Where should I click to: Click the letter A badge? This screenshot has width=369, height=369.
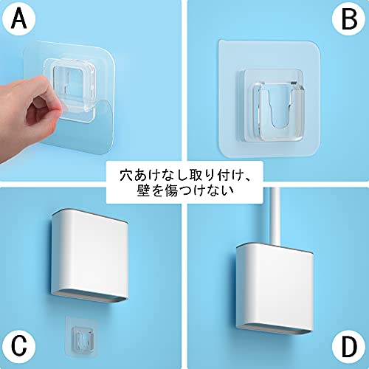pyautogui.click(x=18, y=19)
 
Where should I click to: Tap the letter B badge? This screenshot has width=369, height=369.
pyautogui.click(x=349, y=19)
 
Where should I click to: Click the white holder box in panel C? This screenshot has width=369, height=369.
pyautogui.click(x=89, y=256)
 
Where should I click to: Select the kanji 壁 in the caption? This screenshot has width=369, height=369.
pyautogui.click(x=144, y=190)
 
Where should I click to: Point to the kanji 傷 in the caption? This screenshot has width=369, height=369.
pyautogui.click(x=172, y=190)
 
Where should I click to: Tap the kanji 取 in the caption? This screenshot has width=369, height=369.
pyautogui.click(x=196, y=175)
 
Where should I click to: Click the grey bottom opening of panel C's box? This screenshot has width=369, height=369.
pyautogui.click(x=90, y=297)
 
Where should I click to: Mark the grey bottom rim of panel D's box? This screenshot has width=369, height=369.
pyautogui.click(x=275, y=330)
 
